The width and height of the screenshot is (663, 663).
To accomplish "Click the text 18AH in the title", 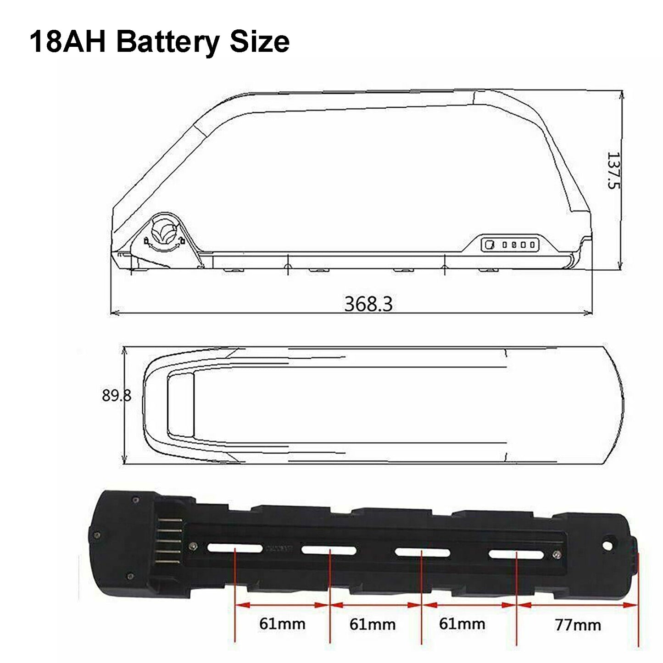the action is tap(68, 42).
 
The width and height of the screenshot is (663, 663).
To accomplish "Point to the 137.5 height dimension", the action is tap(613, 170).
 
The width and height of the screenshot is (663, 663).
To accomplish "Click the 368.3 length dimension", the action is tap(368, 304).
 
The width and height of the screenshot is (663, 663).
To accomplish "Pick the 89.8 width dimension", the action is tap(116, 396).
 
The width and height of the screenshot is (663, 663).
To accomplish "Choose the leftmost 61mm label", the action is tap(282, 614).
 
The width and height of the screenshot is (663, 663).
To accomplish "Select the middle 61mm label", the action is tap(372, 615).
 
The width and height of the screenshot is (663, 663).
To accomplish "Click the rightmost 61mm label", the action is tap(462, 614).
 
